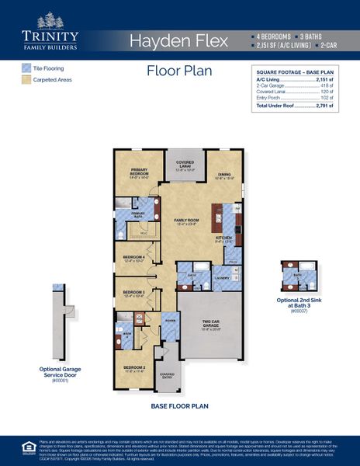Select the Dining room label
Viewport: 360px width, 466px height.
point(224,175)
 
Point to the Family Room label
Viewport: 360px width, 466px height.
point(187,222)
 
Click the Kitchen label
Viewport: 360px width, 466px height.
point(224,238)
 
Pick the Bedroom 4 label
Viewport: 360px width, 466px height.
point(134,258)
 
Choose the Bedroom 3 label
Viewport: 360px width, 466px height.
point(134,294)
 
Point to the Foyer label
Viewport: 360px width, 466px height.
point(168,318)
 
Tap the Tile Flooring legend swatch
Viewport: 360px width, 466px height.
point(26,68)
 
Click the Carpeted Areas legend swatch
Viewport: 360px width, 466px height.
point(26,80)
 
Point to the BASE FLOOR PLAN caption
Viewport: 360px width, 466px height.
point(179,406)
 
